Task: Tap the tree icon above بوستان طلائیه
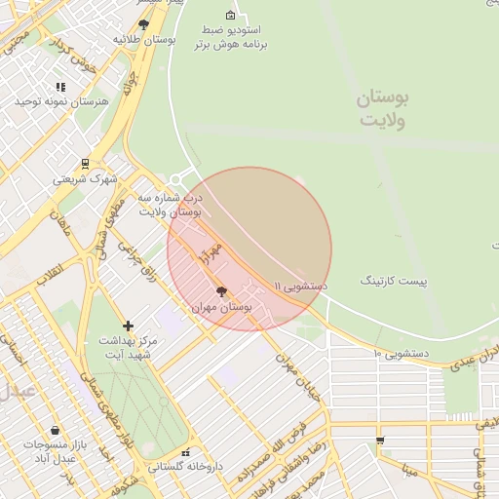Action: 144,24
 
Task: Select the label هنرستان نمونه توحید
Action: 60,101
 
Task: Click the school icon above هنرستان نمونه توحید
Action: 60,87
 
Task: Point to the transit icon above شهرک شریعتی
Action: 86,164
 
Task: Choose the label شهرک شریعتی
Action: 85,178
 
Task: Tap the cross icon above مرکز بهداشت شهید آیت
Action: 128,326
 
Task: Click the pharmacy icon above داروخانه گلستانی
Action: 185,453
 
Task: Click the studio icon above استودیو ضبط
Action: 230,15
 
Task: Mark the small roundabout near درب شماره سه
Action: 175,178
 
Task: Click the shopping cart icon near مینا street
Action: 379,440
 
